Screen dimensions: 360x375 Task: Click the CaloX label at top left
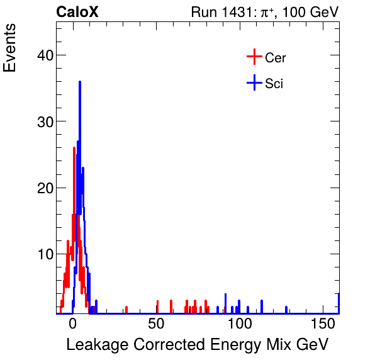77,12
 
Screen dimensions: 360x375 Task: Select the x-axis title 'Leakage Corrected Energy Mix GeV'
198,345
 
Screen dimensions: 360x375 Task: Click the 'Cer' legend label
276,58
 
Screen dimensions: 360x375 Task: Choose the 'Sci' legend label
274,83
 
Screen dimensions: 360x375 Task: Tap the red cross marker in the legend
254,57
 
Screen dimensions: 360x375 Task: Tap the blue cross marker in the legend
254,82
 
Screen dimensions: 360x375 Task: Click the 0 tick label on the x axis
73,323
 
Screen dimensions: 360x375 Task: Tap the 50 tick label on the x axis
156,323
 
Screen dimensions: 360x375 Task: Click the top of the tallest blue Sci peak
80,82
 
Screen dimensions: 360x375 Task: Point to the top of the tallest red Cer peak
74,148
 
